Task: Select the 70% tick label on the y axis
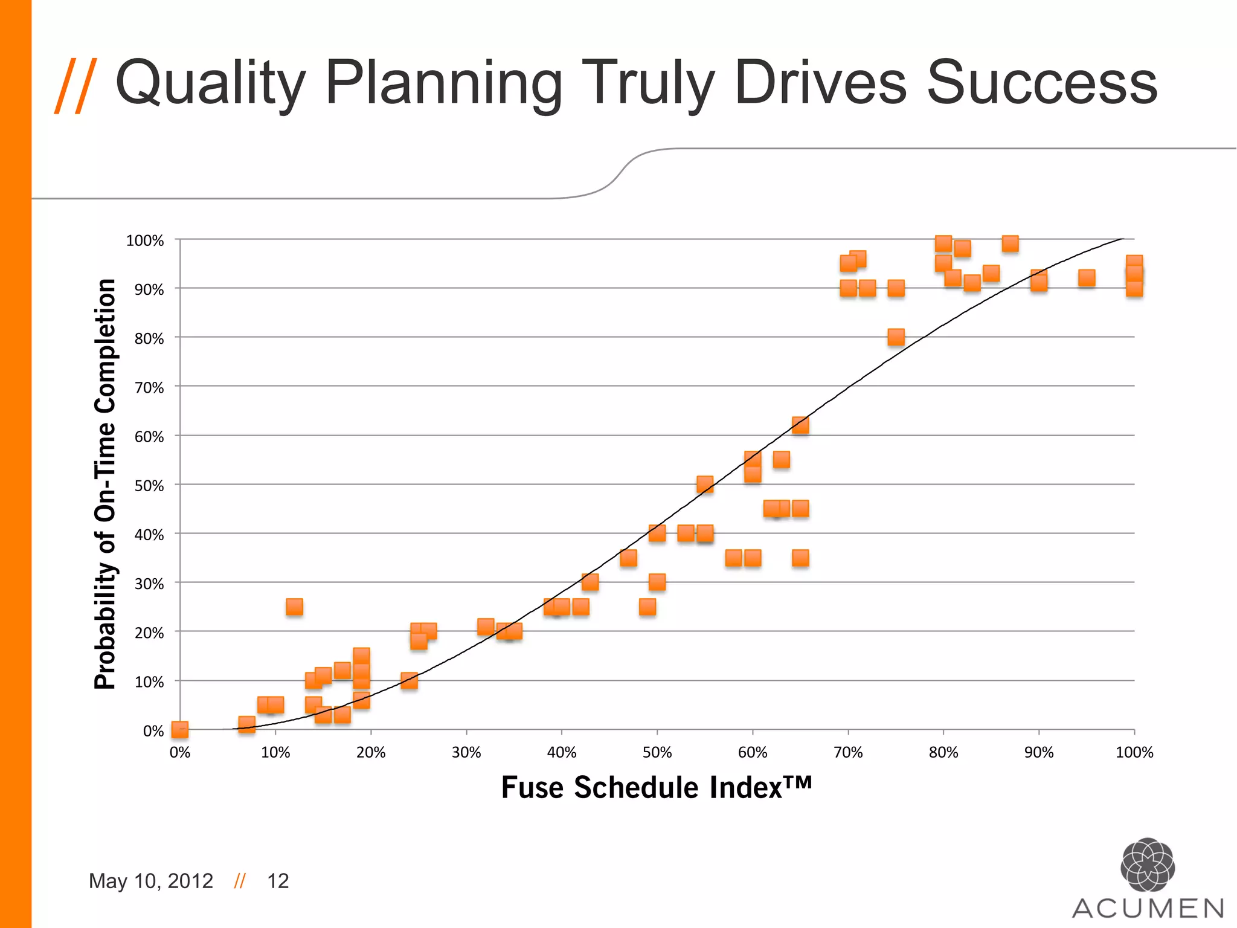(149, 387)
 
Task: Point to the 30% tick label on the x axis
(466, 752)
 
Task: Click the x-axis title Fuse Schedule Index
(656, 787)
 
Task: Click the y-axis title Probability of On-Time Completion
(105, 483)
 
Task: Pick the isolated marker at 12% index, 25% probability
(294, 607)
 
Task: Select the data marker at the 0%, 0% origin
(180, 730)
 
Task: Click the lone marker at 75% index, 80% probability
(896, 337)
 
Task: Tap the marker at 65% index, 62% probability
(800, 425)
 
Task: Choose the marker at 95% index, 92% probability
(1087, 278)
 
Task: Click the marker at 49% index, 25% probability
(647, 607)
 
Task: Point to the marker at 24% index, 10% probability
(409, 681)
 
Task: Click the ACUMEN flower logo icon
(1148, 865)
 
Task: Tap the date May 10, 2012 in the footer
(151, 881)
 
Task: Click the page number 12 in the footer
(278, 881)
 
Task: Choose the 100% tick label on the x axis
(1134, 752)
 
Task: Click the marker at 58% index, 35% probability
(733, 558)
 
